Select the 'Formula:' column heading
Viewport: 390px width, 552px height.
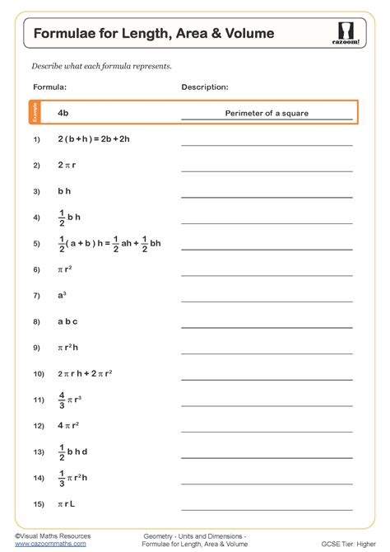click(49, 87)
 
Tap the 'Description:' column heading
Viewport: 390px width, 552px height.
click(205, 87)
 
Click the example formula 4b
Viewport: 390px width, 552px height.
click(63, 113)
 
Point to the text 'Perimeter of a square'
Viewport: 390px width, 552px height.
click(267, 113)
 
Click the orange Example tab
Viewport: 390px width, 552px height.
click(35, 113)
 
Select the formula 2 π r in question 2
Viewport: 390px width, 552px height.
click(67, 165)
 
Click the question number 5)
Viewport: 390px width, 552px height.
click(37, 244)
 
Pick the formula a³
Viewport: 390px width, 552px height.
click(62, 295)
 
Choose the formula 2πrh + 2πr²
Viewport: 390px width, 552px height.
click(85, 374)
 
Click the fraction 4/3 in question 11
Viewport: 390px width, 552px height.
click(62, 400)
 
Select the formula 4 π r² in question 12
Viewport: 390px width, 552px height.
click(68, 426)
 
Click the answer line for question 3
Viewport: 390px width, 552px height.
click(267, 197)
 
